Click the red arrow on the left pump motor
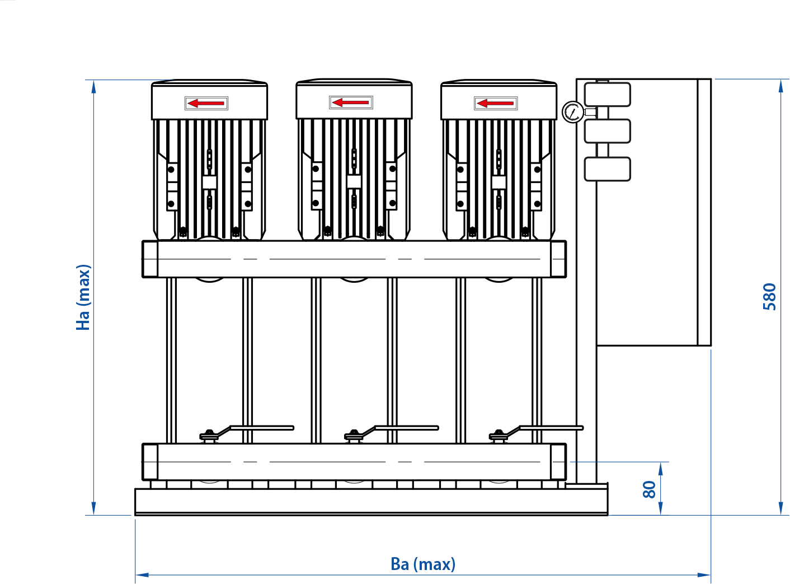[206, 104]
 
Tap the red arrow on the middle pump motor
[350, 102]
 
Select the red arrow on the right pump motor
[495, 104]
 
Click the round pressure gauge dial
[573, 112]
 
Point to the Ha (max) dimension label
[83, 297]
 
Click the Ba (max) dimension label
[423, 564]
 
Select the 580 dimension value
[769, 297]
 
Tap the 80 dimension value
[649, 489]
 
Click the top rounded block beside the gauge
[608, 95]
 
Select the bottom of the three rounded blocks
[608, 169]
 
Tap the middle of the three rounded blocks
[608, 131]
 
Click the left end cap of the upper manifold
[150, 259]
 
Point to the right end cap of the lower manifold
[558, 462]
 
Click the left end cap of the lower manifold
[150, 462]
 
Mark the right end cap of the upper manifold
[558, 259]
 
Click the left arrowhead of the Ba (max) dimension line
[142, 574]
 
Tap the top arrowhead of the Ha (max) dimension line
[93, 87]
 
